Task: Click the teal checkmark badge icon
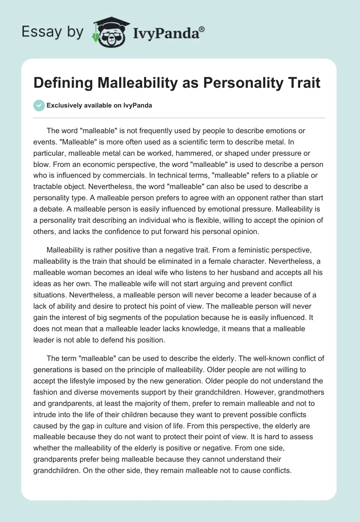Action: click(39, 105)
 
